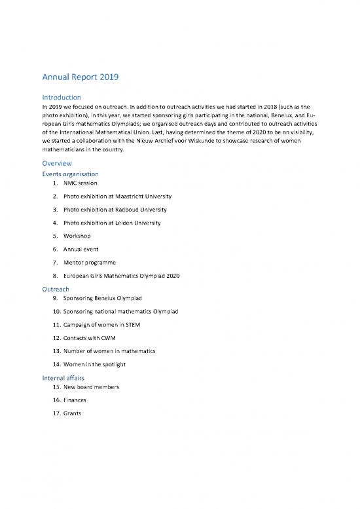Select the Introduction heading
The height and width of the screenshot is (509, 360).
click(67, 98)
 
